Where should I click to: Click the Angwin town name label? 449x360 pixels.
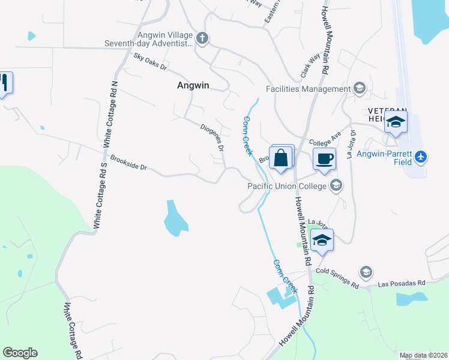pos(193,85)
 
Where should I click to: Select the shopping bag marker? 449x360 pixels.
pos(280,160)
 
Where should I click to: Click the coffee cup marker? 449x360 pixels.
pos(324,160)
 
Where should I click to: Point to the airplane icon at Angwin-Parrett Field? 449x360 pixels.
pos(421,157)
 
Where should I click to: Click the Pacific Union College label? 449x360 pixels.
pos(286,186)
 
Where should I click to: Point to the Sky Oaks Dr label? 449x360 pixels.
pos(150,61)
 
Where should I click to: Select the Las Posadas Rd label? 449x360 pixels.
pos(401,283)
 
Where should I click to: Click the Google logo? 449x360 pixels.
pos(20,353)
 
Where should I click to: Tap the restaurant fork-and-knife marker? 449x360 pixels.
pos(4,83)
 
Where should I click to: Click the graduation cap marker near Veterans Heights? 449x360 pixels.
pos(396,123)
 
